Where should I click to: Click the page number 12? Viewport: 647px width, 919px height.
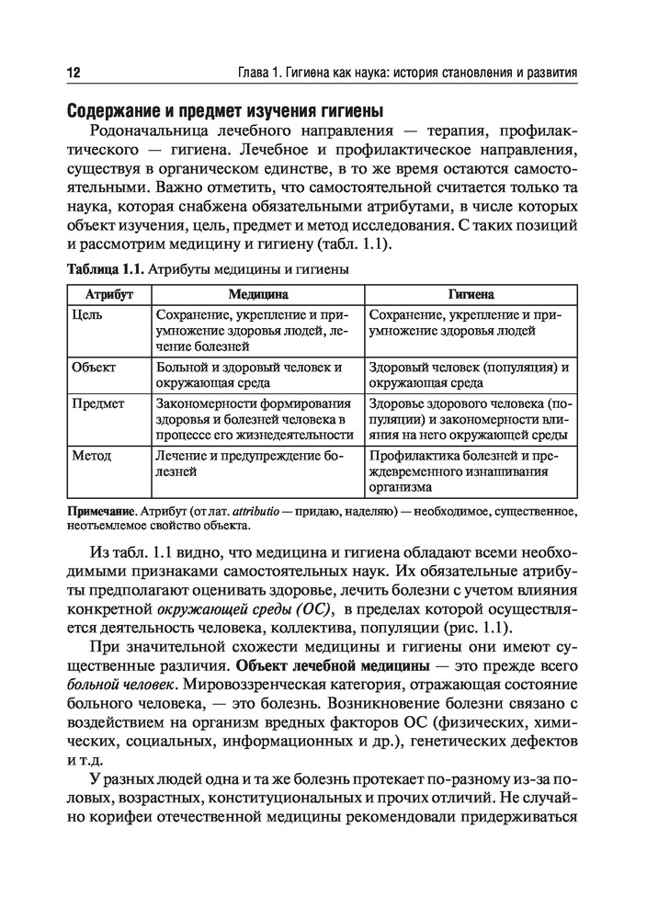click(74, 72)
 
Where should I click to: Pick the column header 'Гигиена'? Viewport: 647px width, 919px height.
click(471, 296)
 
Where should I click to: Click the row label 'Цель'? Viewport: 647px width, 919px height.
click(86, 314)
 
